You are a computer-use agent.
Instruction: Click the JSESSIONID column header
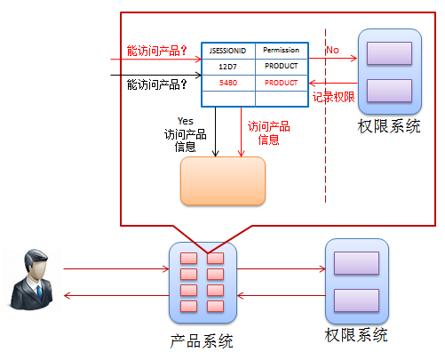227,51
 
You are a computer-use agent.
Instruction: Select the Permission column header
281,50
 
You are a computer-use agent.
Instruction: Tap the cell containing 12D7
227,67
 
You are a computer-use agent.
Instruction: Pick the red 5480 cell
228,83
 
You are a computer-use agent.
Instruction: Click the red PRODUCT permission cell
281,83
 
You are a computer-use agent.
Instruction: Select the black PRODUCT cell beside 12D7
281,66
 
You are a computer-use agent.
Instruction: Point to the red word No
332,50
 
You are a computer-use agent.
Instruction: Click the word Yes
186,121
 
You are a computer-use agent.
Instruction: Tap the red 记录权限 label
334,97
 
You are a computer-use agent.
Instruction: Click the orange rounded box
223,180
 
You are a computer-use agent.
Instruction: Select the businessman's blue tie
39,292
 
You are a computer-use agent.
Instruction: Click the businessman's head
36,263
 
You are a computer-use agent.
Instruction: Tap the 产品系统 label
202,340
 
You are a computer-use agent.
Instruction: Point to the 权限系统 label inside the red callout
389,126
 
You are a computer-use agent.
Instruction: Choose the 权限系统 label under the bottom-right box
356,335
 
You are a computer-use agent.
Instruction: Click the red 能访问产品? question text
156,51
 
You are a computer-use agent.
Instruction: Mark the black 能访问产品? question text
156,84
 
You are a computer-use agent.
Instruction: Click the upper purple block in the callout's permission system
389,53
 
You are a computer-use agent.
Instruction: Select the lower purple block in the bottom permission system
356,300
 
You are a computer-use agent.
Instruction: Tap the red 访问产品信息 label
269,132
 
